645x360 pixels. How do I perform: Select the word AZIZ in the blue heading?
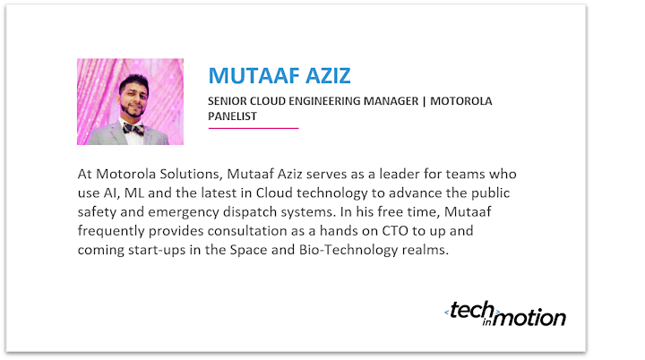pos(328,76)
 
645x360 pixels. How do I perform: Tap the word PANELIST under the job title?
pos(232,116)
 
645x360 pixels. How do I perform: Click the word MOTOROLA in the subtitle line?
pos(461,101)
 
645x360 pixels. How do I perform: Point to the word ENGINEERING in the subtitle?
pos(324,101)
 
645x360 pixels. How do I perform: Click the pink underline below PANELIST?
pos(254,128)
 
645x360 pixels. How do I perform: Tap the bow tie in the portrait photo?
pos(133,129)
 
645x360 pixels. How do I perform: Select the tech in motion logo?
pos(505,314)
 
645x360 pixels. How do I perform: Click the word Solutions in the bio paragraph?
pos(192,174)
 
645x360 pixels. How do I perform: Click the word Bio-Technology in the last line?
pos(348,250)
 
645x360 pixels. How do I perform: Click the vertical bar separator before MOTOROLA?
pos(424,101)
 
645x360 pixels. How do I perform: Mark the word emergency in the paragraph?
pos(184,212)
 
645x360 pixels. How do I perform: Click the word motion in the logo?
pos(529,318)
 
